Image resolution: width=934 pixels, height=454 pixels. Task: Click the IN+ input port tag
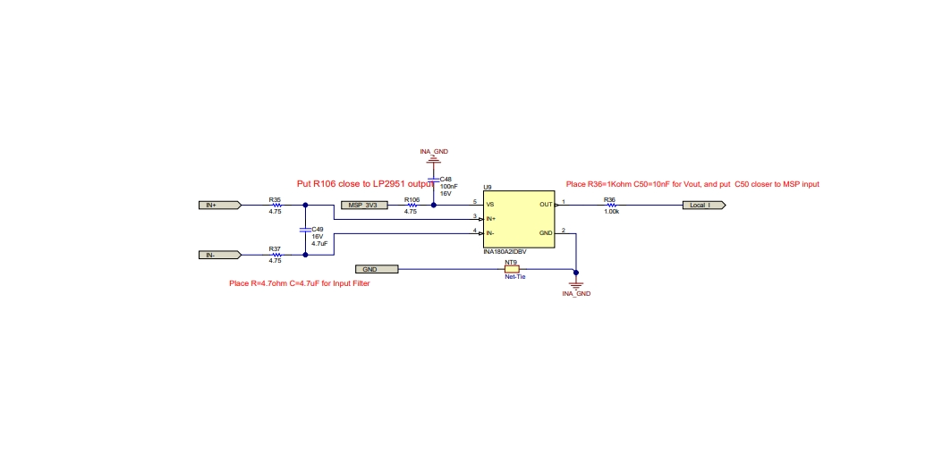(x=220, y=206)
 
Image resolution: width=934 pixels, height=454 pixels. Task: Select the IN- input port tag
(x=220, y=255)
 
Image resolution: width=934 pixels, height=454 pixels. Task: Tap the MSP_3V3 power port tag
(x=364, y=206)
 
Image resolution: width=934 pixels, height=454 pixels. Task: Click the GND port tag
(x=377, y=270)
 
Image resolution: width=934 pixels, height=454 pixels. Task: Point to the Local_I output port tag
(x=704, y=206)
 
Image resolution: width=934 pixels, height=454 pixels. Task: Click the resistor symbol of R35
(x=276, y=206)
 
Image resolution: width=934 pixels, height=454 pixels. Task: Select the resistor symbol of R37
(x=276, y=255)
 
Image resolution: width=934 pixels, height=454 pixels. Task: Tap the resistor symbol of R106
(x=411, y=206)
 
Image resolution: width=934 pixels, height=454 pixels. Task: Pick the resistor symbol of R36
(x=610, y=206)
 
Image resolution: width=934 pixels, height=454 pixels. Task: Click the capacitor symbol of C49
(x=305, y=229)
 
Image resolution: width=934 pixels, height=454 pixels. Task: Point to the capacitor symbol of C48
(x=434, y=179)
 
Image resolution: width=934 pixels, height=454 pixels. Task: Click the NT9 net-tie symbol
(x=512, y=270)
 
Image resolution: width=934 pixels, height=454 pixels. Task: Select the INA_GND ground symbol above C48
(x=434, y=160)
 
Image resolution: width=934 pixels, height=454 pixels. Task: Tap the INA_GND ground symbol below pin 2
(x=576, y=286)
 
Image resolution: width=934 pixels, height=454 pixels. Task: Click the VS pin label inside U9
(x=490, y=204)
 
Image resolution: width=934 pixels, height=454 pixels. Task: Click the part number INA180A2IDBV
(x=505, y=252)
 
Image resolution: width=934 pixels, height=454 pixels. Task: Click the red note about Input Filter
(x=300, y=284)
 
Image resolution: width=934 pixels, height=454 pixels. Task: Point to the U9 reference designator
(x=488, y=188)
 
